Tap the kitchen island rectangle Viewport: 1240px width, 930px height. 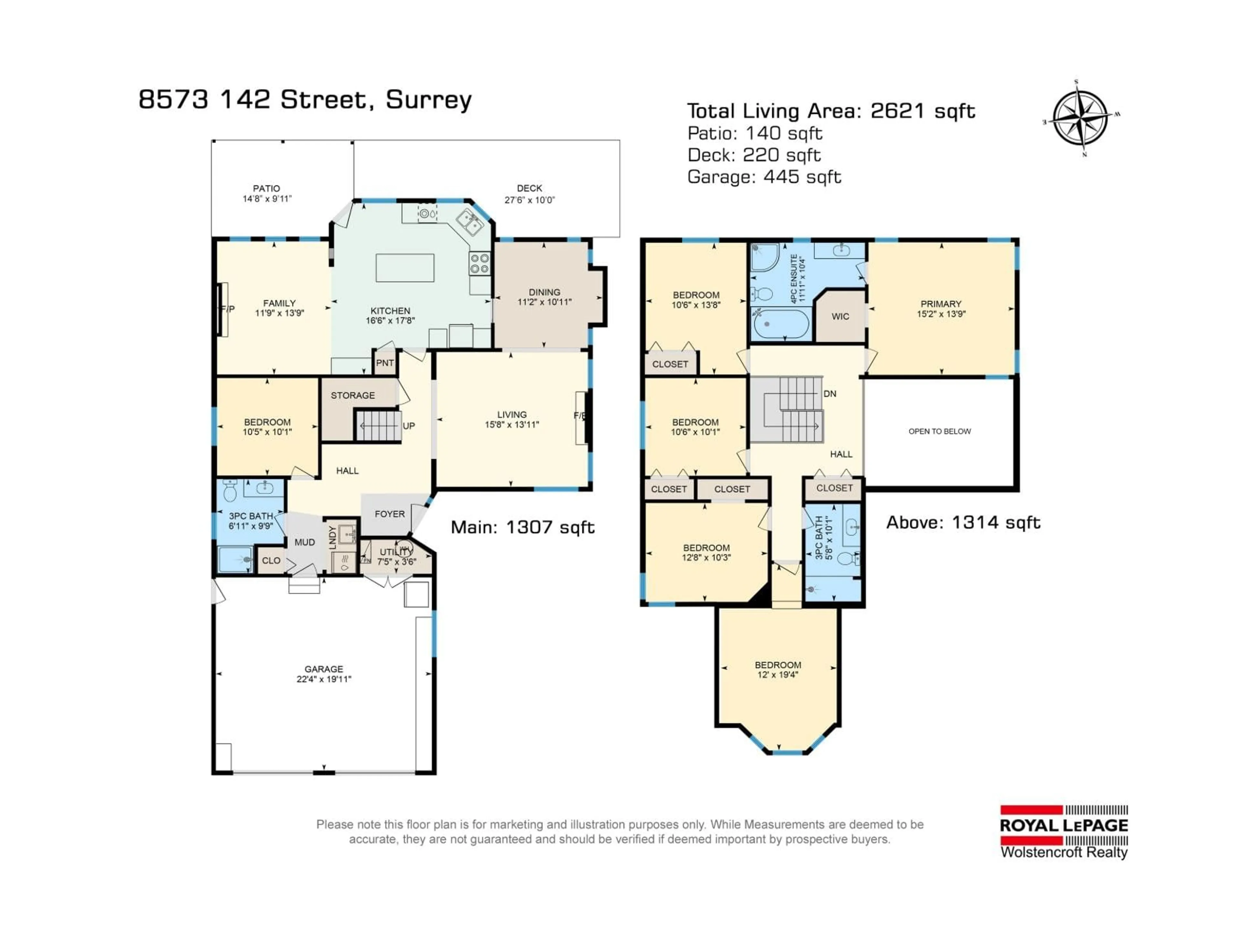(405, 267)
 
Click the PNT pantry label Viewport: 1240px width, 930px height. (385, 363)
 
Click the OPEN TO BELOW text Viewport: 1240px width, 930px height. (940, 431)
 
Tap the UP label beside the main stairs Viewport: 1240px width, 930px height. (409, 426)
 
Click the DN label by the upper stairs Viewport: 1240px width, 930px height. (830, 394)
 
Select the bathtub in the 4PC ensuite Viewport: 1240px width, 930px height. (781, 325)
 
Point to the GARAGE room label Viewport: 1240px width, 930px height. (324, 669)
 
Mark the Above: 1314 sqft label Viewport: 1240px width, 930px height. (963, 522)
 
